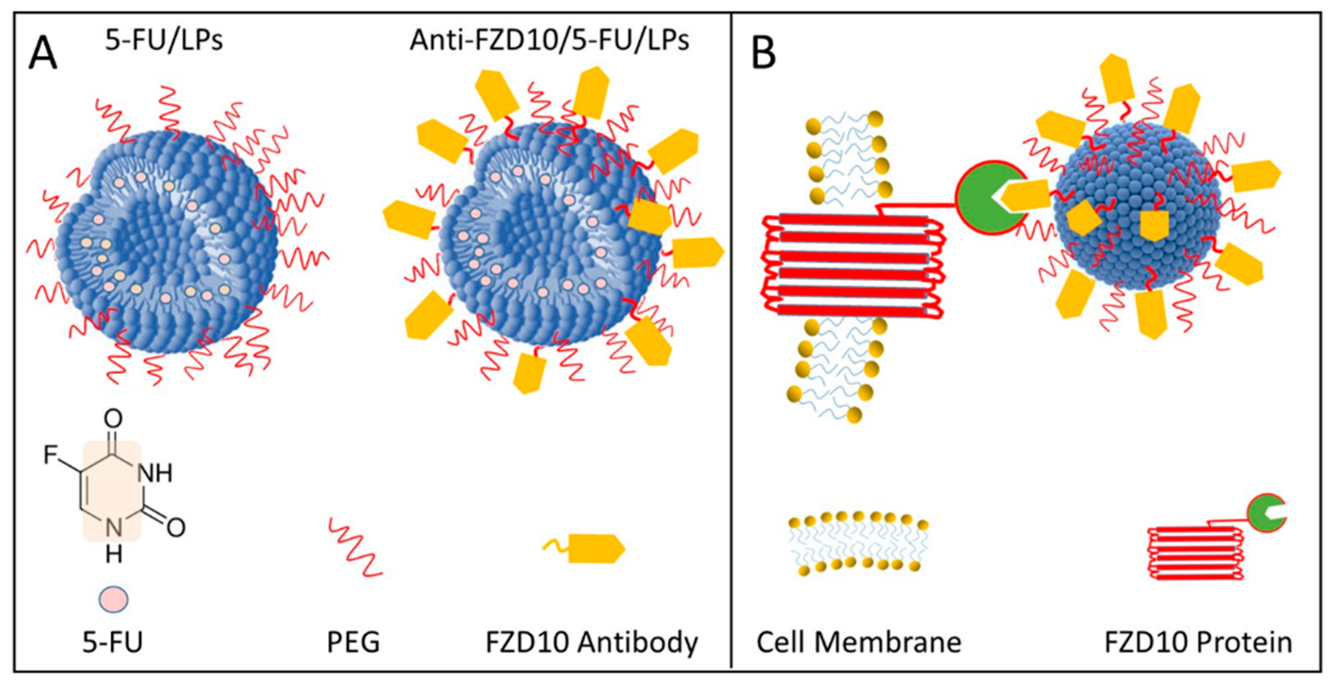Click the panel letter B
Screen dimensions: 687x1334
(763, 54)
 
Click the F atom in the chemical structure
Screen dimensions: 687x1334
(51, 455)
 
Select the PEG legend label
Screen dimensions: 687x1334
(353, 642)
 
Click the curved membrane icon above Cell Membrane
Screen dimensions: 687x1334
(858, 544)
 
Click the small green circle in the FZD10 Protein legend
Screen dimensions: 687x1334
(1265, 513)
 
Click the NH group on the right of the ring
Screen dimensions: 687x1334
(154, 472)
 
